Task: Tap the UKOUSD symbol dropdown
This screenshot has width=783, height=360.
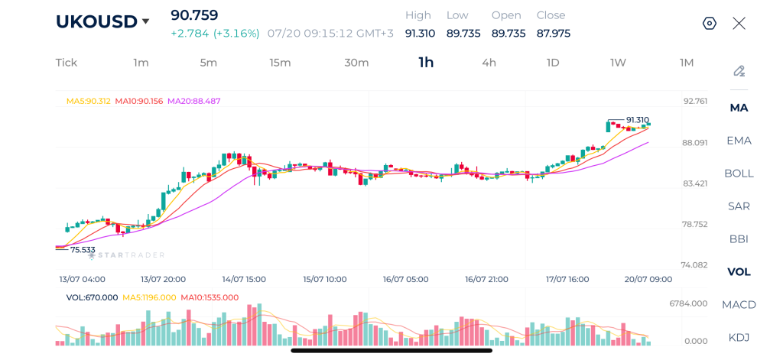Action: click(x=102, y=21)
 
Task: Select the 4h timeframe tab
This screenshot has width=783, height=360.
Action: click(x=489, y=63)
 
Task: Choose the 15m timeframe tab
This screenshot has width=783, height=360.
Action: click(x=280, y=63)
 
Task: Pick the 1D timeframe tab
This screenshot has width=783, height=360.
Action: click(x=552, y=63)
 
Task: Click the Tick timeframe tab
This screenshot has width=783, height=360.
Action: click(x=67, y=63)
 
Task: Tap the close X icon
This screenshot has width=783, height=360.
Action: click(x=739, y=24)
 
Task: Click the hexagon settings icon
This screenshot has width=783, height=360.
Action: click(x=710, y=24)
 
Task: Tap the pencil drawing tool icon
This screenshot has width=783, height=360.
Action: click(x=739, y=71)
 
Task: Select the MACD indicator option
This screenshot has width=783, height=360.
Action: click(x=739, y=304)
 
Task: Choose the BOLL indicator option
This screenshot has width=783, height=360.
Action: click(x=739, y=174)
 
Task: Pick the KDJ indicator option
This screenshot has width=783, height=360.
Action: click(x=739, y=338)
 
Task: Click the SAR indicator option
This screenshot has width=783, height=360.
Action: click(x=739, y=206)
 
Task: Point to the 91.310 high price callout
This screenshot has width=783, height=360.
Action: click(x=638, y=120)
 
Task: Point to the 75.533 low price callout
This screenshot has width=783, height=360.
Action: click(x=83, y=250)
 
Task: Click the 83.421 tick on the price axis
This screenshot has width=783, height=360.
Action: click(x=694, y=183)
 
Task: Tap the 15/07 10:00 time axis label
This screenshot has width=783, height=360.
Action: click(x=324, y=279)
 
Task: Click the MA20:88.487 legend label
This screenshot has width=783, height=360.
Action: click(x=193, y=101)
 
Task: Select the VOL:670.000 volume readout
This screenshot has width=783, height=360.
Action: click(x=92, y=297)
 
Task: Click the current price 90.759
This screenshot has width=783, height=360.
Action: click(x=194, y=15)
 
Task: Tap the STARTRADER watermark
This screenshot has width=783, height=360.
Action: click(x=126, y=255)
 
